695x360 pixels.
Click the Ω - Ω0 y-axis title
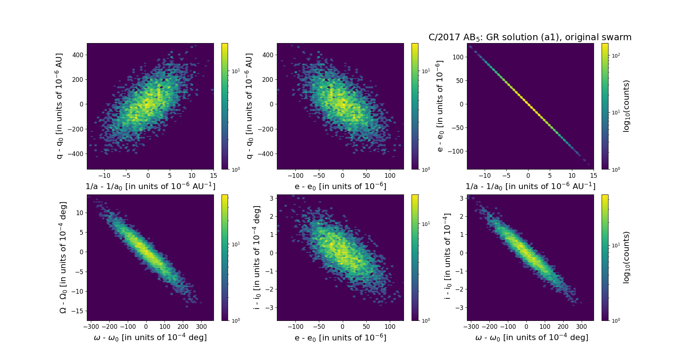[63, 258]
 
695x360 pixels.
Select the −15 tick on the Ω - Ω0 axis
[77, 311]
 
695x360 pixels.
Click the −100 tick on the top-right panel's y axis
[455, 151]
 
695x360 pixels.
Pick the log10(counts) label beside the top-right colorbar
[627, 106]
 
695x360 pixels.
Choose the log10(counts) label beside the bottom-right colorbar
[627, 258]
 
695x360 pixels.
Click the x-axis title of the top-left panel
[150, 186]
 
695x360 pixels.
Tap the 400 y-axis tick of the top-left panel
[77, 55]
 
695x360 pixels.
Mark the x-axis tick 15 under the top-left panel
[214, 176]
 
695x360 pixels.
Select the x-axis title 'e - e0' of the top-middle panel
[340, 186]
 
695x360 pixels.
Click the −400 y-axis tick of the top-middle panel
[266, 154]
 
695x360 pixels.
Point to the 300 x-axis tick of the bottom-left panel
[201, 327]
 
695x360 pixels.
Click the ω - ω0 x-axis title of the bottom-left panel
[150, 338]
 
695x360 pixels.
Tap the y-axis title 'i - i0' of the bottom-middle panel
[257, 258]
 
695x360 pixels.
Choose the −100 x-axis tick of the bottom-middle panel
[295, 327]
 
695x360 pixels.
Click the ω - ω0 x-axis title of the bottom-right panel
[531, 338]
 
